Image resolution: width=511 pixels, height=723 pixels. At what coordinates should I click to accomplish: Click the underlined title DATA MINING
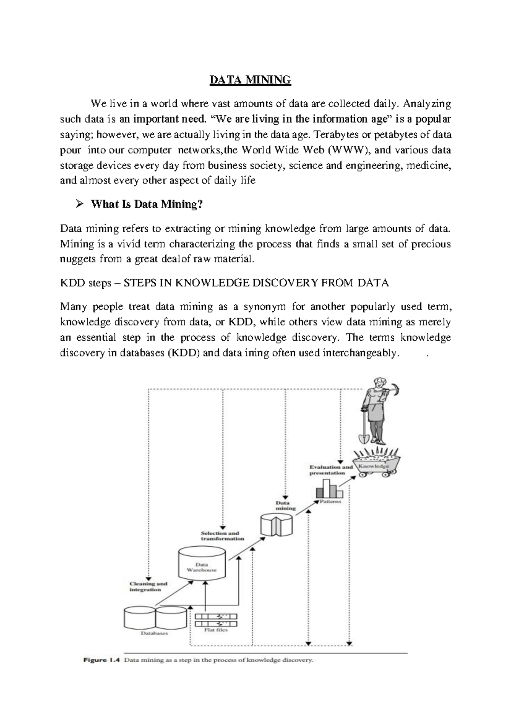pos(250,80)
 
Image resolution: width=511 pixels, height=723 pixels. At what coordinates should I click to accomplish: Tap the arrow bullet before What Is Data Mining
pos(79,204)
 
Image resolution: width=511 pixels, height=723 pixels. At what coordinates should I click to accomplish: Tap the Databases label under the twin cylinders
pos(154,633)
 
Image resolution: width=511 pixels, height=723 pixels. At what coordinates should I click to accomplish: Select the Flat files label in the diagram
pos(216,630)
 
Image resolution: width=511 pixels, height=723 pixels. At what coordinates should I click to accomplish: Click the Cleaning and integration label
pos(148,586)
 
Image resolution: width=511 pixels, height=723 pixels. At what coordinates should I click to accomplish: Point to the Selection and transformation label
pos(222,535)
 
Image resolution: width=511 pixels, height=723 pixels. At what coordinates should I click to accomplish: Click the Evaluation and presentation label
pos(331,470)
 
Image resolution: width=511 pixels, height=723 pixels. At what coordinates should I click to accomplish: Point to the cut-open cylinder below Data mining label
pos(276,525)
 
